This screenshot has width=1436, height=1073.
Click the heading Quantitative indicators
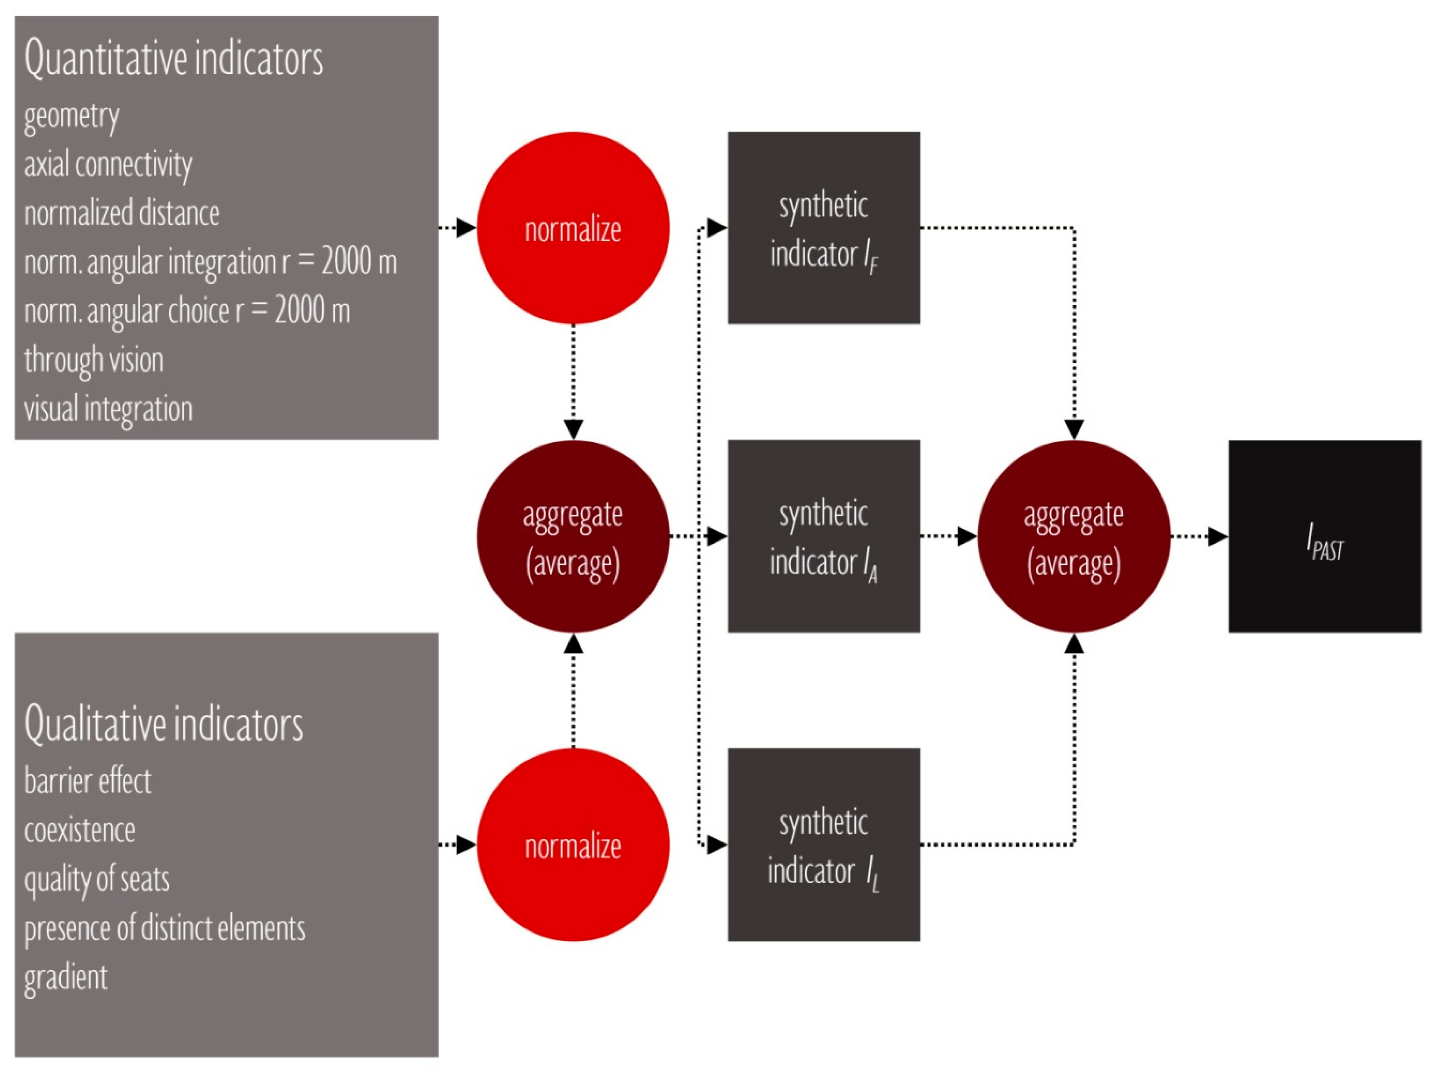click(173, 58)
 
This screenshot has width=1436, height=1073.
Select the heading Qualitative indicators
click(164, 724)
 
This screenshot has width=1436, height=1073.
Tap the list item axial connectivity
click(108, 165)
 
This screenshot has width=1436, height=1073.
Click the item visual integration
click(108, 409)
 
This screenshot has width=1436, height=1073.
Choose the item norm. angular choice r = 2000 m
click(187, 311)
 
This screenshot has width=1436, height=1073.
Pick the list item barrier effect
click(88, 781)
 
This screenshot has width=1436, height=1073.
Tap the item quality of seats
click(97, 880)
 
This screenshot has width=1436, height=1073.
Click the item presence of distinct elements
click(164, 928)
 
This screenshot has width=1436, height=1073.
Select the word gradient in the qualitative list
click(66, 978)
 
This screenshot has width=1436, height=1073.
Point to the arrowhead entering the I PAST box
click(1218, 537)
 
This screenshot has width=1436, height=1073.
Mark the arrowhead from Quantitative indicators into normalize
click(466, 228)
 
